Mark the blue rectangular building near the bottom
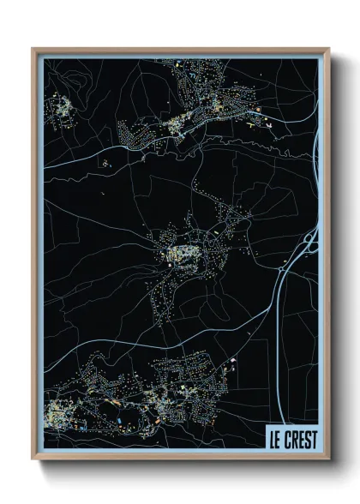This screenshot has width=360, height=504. point(117,422)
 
